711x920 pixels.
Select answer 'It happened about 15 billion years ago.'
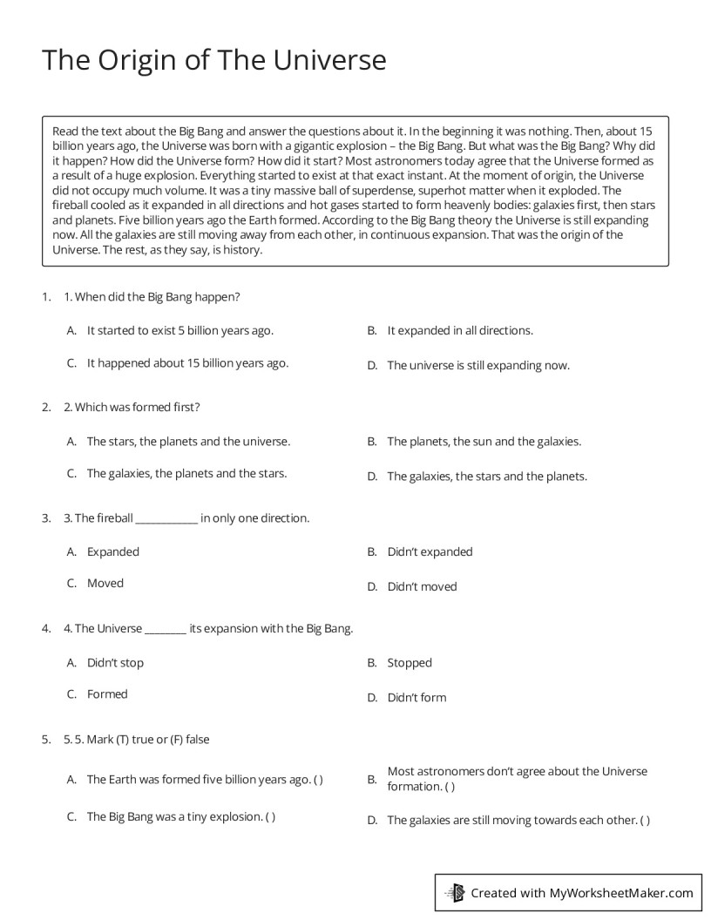187,363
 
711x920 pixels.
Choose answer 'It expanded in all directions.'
459,331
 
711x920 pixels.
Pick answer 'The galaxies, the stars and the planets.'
487,477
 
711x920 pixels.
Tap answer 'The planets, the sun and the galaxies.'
484,442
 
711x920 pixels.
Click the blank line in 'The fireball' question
166,521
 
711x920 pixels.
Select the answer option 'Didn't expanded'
430,552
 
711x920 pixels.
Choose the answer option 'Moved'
105,584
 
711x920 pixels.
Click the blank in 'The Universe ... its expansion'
165,632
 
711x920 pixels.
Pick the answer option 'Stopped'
410,663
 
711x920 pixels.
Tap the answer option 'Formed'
107,694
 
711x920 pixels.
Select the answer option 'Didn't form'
416,698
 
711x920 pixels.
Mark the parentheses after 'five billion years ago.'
318,780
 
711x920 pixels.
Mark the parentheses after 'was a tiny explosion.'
271,817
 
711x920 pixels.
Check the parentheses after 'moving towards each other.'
645,821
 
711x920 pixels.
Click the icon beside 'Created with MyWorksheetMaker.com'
454,892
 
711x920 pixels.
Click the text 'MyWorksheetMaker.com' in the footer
620,892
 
